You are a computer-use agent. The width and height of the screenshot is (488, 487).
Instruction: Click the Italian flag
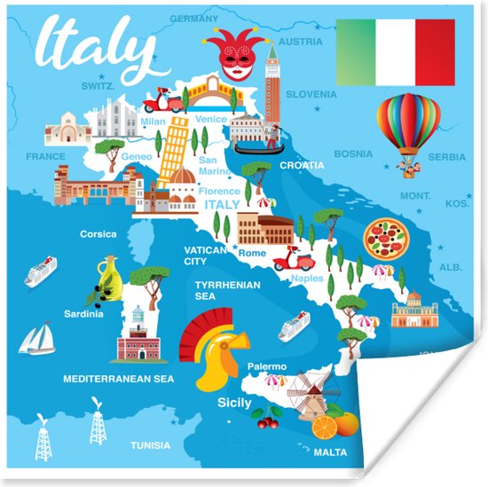(x=395, y=52)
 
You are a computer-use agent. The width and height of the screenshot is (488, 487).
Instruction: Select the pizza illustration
(x=386, y=238)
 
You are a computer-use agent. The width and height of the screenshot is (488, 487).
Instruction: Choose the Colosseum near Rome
(x=264, y=230)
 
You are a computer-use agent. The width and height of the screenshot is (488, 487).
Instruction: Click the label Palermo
(x=266, y=366)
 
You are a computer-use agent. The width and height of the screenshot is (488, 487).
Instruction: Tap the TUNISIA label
(x=150, y=445)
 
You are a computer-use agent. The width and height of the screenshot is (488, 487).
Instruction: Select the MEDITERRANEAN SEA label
(x=118, y=378)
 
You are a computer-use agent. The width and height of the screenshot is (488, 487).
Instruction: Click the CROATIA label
(x=302, y=165)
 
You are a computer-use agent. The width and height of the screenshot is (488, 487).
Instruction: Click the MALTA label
(x=331, y=452)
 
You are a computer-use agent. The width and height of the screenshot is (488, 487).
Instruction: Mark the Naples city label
(x=307, y=278)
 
